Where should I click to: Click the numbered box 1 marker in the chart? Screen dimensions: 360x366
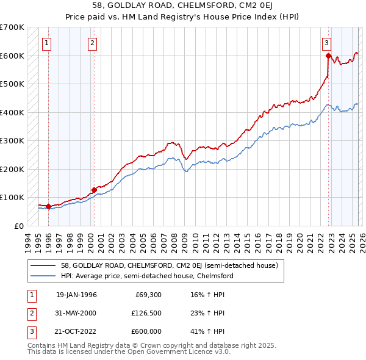48,43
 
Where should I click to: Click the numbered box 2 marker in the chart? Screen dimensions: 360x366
92,43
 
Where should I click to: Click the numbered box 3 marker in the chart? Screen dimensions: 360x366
327,43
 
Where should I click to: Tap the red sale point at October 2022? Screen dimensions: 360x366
328,56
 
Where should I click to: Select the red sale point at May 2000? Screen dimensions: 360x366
94,190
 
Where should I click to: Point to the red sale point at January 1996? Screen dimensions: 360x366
48,206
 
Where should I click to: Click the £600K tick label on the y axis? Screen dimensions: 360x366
12,56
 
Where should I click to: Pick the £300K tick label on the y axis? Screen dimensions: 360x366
12,140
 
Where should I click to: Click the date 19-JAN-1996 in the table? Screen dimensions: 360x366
76,295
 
